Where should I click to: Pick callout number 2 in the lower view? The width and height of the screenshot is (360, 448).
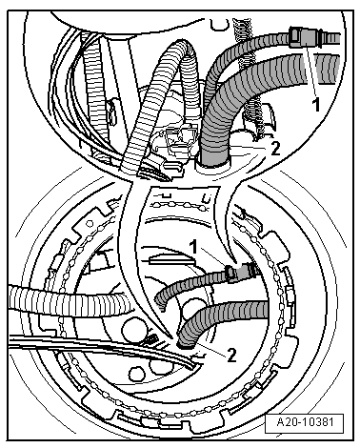coord(231,355)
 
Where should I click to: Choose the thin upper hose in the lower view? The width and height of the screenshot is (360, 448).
coord(190,284)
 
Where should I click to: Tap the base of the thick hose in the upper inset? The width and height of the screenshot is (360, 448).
coord(211,160)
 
